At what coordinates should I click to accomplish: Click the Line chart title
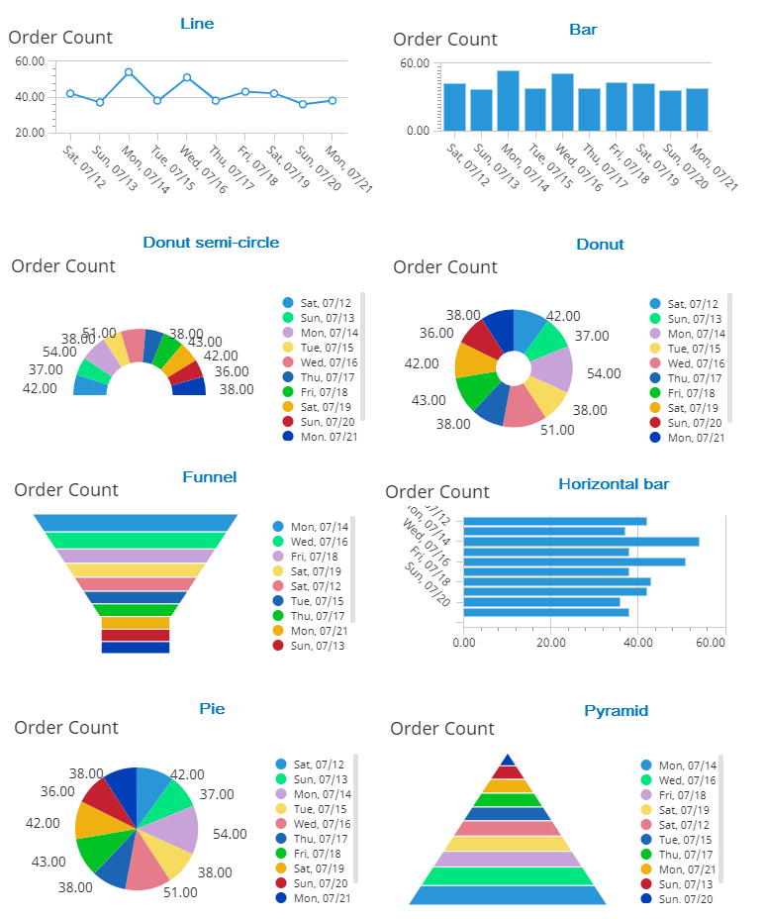pyautogui.click(x=197, y=24)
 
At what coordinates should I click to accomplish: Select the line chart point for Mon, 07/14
pyautogui.click(x=129, y=72)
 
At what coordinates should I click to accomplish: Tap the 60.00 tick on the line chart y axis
pyautogui.click(x=31, y=61)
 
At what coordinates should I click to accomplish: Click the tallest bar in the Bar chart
pyautogui.click(x=508, y=100)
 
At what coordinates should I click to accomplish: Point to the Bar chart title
pyautogui.click(x=583, y=30)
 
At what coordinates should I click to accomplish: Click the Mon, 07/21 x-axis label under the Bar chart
pyautogui.click(x=715, y=167)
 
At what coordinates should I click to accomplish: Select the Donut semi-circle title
pyautogui.click(x=211, y=243)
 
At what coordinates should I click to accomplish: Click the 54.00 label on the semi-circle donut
pyautogui.click(x=59, y=352)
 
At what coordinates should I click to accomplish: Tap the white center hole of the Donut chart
pyautogui.click(x=513, y=368)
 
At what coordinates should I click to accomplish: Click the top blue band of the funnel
pyautogui.click(x=136, y=522)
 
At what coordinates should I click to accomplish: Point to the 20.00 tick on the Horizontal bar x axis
pyautogui.click(x=550, y=643)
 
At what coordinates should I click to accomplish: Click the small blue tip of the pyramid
pyautogui.click(x=507, y=760)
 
